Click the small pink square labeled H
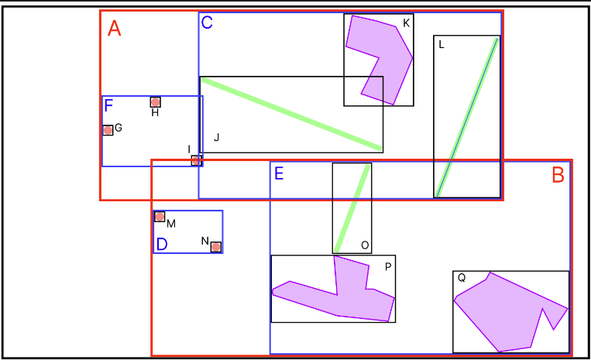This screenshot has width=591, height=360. pos(156,102)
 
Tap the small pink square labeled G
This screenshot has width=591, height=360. pos(108,130)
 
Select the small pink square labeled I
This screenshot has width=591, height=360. pos(197,160)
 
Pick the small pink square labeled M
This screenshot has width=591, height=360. pos(160,217)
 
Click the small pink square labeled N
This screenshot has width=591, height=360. pos(216,247)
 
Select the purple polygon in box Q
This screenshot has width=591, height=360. pos(503,310)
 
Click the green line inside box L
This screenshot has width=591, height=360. pos(467,116)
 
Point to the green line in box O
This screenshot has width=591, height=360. pos(352,207)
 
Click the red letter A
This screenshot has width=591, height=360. pos(115,29)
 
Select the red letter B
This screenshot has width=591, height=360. pos(558,176)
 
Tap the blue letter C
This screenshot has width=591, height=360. pos(207,22)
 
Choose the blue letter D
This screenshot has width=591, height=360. pos(162,245)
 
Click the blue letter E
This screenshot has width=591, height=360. pos(279,173)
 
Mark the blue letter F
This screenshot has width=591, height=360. pos(109,106)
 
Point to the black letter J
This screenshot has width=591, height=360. pos(217,138)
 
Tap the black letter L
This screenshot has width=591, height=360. pos(442,44)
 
